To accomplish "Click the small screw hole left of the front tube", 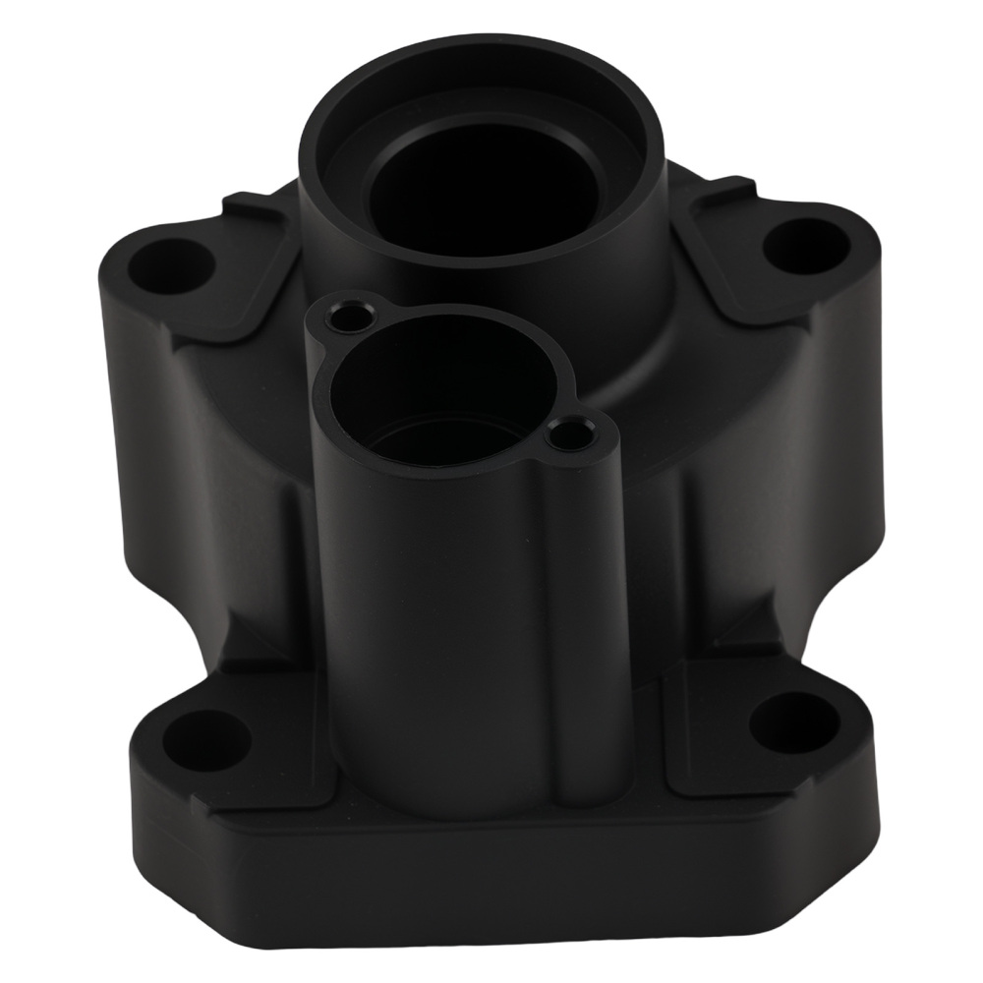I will click(x=347, y=318).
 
